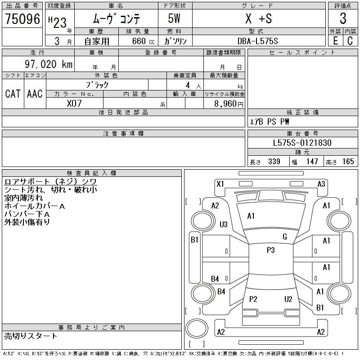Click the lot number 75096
tap(22, 18)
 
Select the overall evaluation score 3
tap(343, 18)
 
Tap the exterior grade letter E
tap(335, 40)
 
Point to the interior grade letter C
tap(350, 40)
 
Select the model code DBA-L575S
tap(258, 41)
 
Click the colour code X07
tap(75, 103)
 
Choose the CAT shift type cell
tap(13, 94)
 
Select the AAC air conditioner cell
tap(35, 94)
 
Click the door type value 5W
tap(175, 18)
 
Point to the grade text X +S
tap(258, 18)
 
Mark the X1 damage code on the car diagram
tap(220, 184)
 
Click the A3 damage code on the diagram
tap(321, 184)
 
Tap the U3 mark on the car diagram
tap(224, 224)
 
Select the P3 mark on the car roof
tap(270, 250)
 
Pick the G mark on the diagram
tap(284, 236)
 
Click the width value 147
tap(311, 162)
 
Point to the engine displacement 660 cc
tap(141, 41)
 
